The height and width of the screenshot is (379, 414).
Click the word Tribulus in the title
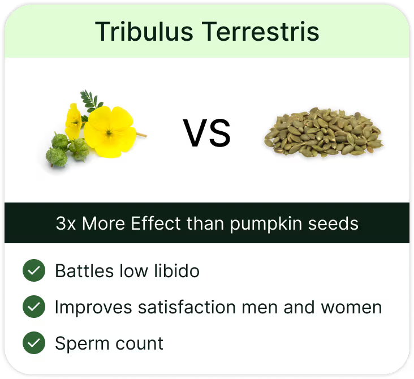click(x=144, y=32)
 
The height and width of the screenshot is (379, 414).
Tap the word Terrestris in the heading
click(x=261, y=32)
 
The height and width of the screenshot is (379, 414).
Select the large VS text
click(x=207, y=133)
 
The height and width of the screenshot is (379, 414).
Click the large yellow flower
click(x=110, y=132)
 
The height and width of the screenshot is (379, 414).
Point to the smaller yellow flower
click(x=74, y=121)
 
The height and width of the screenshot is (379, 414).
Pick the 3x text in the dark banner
click(x=66, y=223)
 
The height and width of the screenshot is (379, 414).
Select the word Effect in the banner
click(x=156, y=223)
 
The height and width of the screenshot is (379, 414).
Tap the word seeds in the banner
click(x=333, y=224)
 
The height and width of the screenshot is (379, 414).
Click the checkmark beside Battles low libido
click(x=34, y=270)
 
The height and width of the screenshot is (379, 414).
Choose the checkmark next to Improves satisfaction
click(x=34, y=307)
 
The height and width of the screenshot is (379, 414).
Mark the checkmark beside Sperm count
click(x=34, y=343)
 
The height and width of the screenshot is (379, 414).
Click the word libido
click(x=176, y=271)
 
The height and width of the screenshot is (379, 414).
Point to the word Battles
click(x=84, y=271)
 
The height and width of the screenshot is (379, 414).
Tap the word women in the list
click(x=351, y=307)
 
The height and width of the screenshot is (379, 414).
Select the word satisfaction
click(x=187, y=307)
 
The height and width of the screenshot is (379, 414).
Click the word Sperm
click(x=82, y=344)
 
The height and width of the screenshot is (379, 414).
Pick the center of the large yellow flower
click(x=109, y=132)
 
